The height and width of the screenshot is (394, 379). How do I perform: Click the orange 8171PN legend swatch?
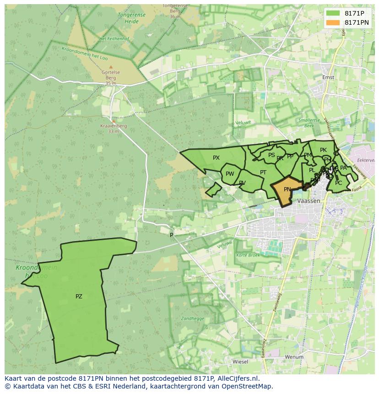[333, 22]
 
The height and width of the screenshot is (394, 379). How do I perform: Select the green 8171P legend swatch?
[333, 13]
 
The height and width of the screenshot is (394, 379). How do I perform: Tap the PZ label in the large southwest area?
[79, 297]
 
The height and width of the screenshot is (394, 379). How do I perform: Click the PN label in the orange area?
[287, 189]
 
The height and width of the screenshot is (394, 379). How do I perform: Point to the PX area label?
[217, 158]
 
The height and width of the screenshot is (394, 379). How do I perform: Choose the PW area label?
[230, 174]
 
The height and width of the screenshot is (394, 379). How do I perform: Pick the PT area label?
[263, 173]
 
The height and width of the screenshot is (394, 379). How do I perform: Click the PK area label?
[323, 150]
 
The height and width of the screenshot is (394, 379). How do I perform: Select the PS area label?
[271, 155]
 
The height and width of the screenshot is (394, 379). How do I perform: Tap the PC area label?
[338, 183]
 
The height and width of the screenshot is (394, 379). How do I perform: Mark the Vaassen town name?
[309, 201]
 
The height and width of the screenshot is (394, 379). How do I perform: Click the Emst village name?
[328, 77]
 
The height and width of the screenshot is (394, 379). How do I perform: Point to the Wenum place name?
[294, 357]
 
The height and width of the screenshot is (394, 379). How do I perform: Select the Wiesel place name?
[240, 362]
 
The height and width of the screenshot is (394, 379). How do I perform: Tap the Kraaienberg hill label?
[114, 126]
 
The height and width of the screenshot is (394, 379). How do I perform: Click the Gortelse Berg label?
[111, 75]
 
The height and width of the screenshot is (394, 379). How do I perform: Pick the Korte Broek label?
[248, 255]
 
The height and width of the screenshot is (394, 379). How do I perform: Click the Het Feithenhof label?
[113, 39]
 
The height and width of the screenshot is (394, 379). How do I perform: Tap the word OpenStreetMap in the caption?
[247, 386]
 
